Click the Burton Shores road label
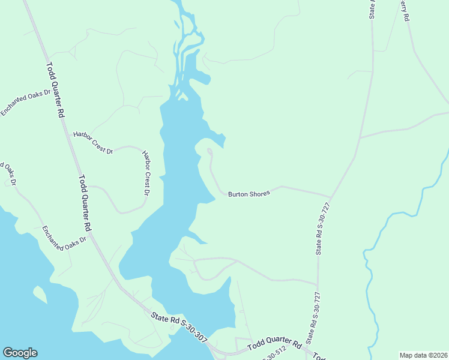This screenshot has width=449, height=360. (x=249, y=193)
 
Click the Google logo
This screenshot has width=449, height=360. (x=20, y=353)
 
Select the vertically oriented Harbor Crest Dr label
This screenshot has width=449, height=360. (x=146, y=173)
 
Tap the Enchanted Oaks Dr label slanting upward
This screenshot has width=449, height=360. (x=25, y=102)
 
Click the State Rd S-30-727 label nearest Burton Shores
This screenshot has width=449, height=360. (x=323, y=229)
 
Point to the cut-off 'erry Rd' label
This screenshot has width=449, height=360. (x=405, y=11)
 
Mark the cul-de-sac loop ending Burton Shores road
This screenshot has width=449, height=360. (x=209, y=151)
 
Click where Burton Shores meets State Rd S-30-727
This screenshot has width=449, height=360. (x=331, y=197)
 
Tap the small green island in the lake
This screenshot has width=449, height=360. (x=40, y=294)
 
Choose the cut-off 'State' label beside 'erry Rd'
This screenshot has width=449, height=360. (x=372, y=8)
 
